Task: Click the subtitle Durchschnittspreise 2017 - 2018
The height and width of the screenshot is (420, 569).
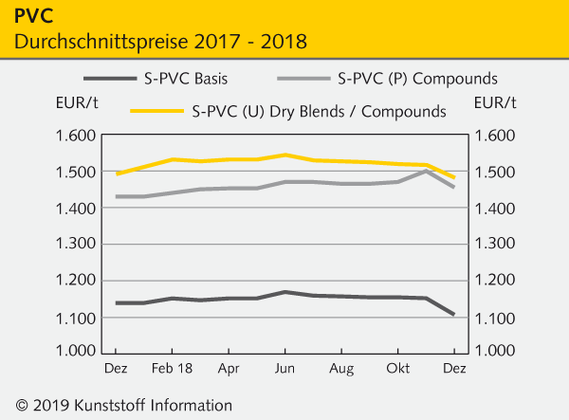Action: pyautogui.click(x=160, y=42)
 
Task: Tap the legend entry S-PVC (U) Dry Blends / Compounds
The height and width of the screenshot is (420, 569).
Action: pyautogui.click(x=319, y=111)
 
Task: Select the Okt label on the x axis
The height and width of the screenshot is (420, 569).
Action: pyautogui.click(x=398, y=366)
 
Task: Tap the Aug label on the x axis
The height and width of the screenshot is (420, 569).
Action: pyautogui.click(x=342, y=366)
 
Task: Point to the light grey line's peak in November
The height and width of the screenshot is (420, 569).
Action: pyautogui.click(x=427, y=172)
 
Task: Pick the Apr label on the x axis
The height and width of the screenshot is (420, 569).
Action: pyautogui.click(x=229, y=366)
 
